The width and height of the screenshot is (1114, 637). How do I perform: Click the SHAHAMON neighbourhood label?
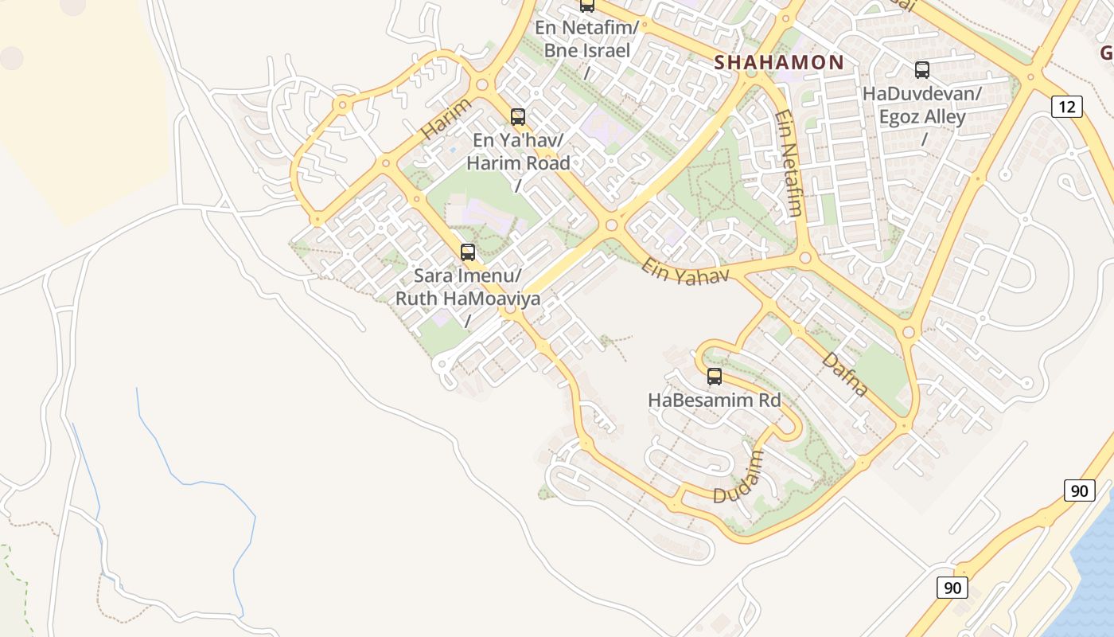point(779,62)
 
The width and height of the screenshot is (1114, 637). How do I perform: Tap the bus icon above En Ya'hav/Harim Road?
point(518,117)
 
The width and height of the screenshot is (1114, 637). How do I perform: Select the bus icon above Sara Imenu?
point(468,252)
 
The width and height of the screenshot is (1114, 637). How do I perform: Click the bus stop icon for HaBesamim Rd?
point(715,377)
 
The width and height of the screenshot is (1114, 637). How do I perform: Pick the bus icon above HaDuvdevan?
point(922,70)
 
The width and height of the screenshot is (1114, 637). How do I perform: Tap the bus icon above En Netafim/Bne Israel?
point(587,6)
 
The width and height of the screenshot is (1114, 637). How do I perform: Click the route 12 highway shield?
point(1065,106)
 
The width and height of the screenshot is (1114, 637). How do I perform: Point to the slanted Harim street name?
point(446,119)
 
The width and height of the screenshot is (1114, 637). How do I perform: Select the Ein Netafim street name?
point(788,163)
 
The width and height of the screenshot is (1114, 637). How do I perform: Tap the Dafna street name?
point(844,374)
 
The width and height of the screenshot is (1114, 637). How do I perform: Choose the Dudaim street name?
point(738,478)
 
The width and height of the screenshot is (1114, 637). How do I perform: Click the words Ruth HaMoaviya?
point(468,299)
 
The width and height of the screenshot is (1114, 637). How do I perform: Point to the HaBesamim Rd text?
point(715,400)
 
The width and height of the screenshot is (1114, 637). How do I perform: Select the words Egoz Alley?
point(922,117)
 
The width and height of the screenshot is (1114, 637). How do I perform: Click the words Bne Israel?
point(587,51)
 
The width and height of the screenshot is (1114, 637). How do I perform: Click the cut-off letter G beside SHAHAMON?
point(1106,53)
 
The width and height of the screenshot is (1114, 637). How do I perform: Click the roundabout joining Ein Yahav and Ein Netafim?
point(804,258)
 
